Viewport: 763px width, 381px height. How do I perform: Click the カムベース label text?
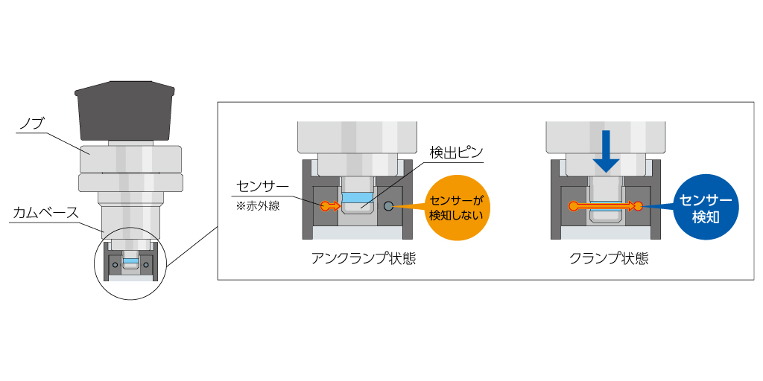coord(45,212)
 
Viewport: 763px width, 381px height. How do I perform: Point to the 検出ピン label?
coord(456,153)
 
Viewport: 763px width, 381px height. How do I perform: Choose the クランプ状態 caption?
coord(607,259)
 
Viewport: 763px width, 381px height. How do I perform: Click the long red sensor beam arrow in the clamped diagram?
coord(605,205)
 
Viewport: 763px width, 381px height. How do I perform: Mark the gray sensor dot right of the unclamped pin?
coord(388,205)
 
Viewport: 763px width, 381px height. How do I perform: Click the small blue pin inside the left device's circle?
coord(130,262)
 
